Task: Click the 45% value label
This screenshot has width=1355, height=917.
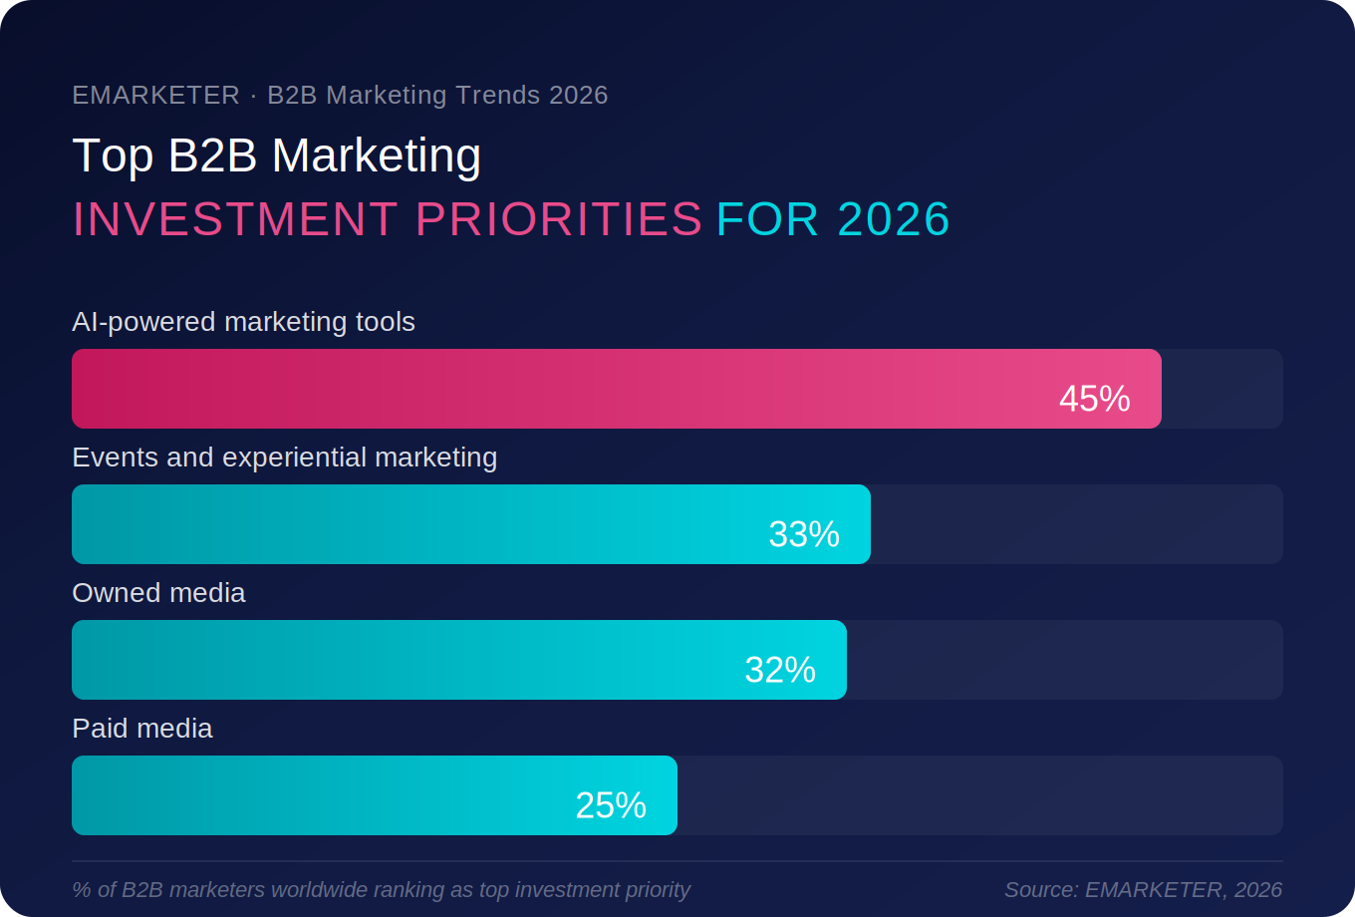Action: (1094, 399)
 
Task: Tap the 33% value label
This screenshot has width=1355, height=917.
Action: (804, 534)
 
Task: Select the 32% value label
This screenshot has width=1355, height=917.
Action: (780, 670)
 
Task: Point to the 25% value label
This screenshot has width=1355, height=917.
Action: (611, 805)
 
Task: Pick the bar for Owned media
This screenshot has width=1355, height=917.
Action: (399, 660)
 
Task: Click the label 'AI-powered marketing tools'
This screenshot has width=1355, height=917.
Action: (243, 322)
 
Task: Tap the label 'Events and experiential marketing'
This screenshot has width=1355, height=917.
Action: (284, 458)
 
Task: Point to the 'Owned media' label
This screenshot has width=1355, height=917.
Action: (158, 593)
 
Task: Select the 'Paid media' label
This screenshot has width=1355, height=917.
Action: (142, 729)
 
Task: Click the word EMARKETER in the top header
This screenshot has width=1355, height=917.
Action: (155, 95)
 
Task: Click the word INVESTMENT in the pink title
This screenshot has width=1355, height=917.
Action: (235, 219)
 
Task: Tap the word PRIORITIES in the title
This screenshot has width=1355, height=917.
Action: (559, 219)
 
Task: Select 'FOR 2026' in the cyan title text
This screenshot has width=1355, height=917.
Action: (833, 219)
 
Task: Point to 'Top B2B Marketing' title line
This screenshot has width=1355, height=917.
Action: (277, 155)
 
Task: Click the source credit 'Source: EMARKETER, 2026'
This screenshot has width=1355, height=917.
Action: (1143, 889)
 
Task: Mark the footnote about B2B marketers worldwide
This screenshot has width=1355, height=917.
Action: (381, 889)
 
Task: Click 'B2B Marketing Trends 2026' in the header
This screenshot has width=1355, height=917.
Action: (437, 95)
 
